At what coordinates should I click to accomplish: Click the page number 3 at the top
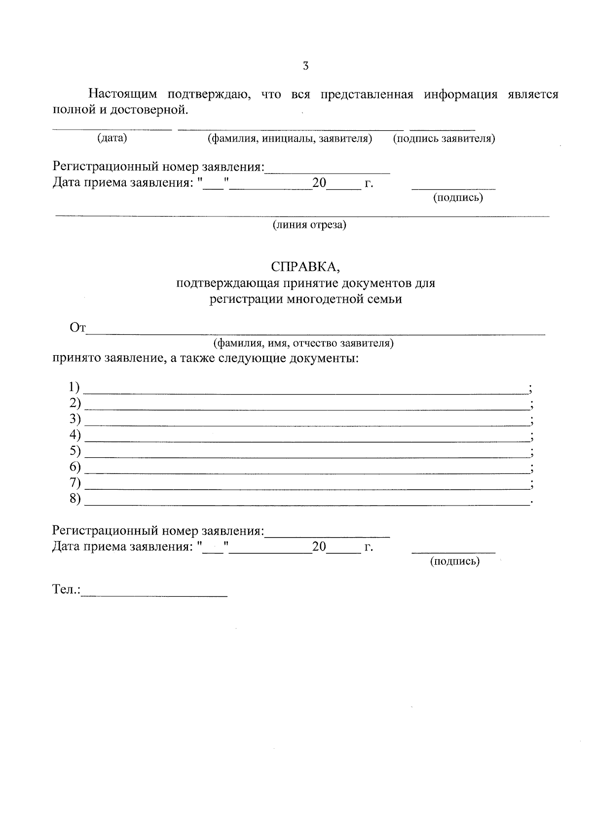[305, 66]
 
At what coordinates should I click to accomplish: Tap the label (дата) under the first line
[112, 138]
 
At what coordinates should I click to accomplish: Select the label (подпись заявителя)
[444, 139]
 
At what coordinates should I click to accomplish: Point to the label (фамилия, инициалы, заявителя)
[290, 139]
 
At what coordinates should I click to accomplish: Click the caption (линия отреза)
[310, 225]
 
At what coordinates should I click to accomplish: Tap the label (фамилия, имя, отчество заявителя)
[303, 343]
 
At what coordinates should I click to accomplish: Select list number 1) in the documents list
[75, 386]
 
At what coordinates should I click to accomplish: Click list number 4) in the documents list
[75, 435]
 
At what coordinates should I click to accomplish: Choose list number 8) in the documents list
[75, 499]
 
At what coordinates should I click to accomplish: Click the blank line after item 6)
[306, 473]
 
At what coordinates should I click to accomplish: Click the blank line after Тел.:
[154, 596]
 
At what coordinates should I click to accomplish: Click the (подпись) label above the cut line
[458, 198]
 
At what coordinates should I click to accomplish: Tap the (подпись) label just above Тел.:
[454, 561]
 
